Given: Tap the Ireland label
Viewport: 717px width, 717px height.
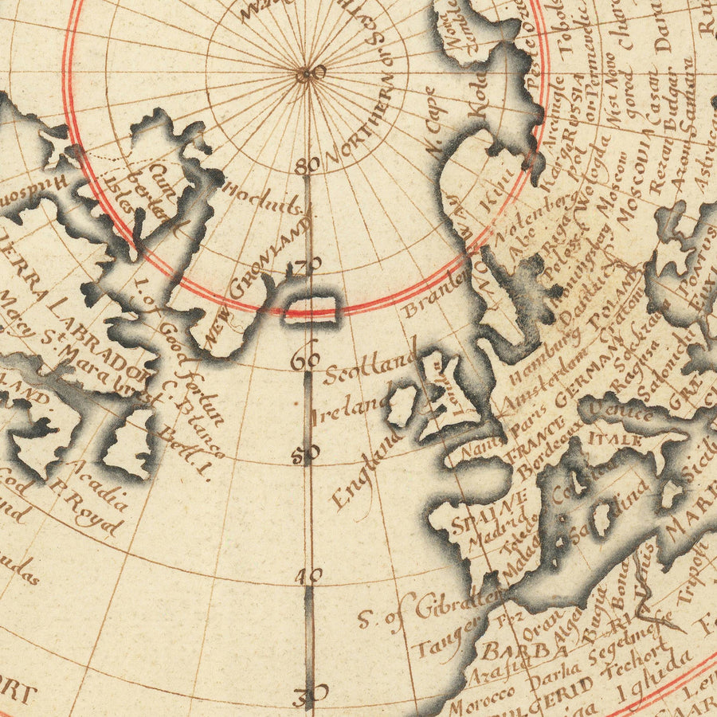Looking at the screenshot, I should (349, 409).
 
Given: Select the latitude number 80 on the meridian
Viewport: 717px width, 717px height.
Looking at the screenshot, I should (307, 167).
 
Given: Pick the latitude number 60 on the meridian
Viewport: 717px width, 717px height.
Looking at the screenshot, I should (305, 359).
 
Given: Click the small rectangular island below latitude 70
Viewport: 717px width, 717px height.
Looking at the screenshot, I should (312, 308).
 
